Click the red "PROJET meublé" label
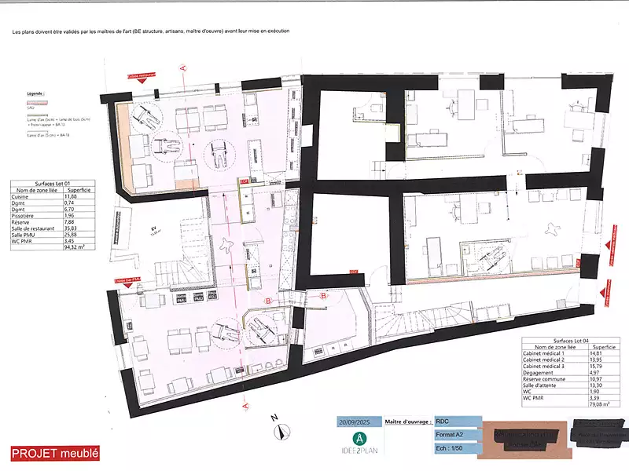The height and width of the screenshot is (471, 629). coord(55,453)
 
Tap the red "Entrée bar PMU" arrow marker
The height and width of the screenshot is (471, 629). coord(127,279)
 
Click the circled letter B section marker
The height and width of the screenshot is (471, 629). coord(268,301)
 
